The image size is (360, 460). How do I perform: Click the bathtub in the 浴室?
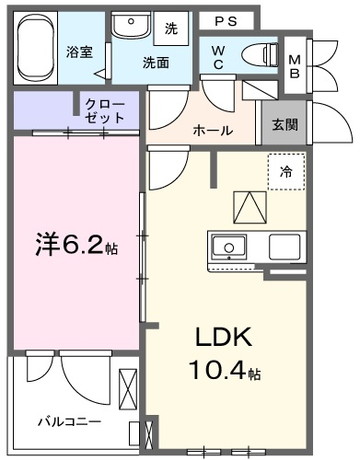pyautogui.click(x=36, y=48)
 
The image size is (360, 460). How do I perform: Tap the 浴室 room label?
pyautogui.click(x=79, y=52)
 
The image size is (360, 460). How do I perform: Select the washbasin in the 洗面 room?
pyautogui.click(x=132, y=25)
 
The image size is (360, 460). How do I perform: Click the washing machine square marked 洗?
pyautogui.click(x=170, y=29)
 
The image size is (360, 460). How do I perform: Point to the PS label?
pyautogui.click(x=226, y=21)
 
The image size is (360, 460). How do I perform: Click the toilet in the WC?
pyautogui.click(x=261, y=55)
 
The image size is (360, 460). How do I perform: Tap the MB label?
pyautogui.click(x=295, y=66)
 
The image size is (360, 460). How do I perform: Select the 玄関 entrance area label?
pyautogui.click(x=285, y=125)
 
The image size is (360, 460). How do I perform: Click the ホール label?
pyautogui.click(x=213, y=131)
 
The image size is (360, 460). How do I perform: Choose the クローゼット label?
pyautogui.click(x=105, y=111)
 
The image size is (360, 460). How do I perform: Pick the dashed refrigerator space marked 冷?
pyautogui.click(x=286, y=172)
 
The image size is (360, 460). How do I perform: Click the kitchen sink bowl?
pyautogui.click(x=229, y=247)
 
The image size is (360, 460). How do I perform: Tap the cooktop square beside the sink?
pyautogui.click(x=285, y=247)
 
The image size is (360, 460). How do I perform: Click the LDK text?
pyautogui.click(x=224, y=337)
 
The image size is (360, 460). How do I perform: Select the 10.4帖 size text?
pyautogui.click(x=225, y=370)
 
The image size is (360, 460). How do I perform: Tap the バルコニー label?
pyautogui.click(x=69, y=422)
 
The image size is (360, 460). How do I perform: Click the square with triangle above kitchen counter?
pyautogui.click(x=250, y=208)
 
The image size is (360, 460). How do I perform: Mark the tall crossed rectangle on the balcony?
pyautogui.click(x=128, y=388)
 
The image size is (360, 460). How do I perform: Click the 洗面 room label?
pyautogui.click(x=156, y=63)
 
